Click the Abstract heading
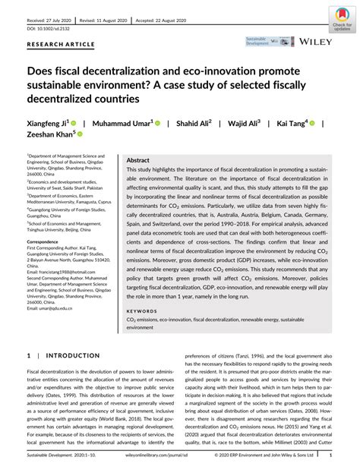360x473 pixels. (x=137, y=161)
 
